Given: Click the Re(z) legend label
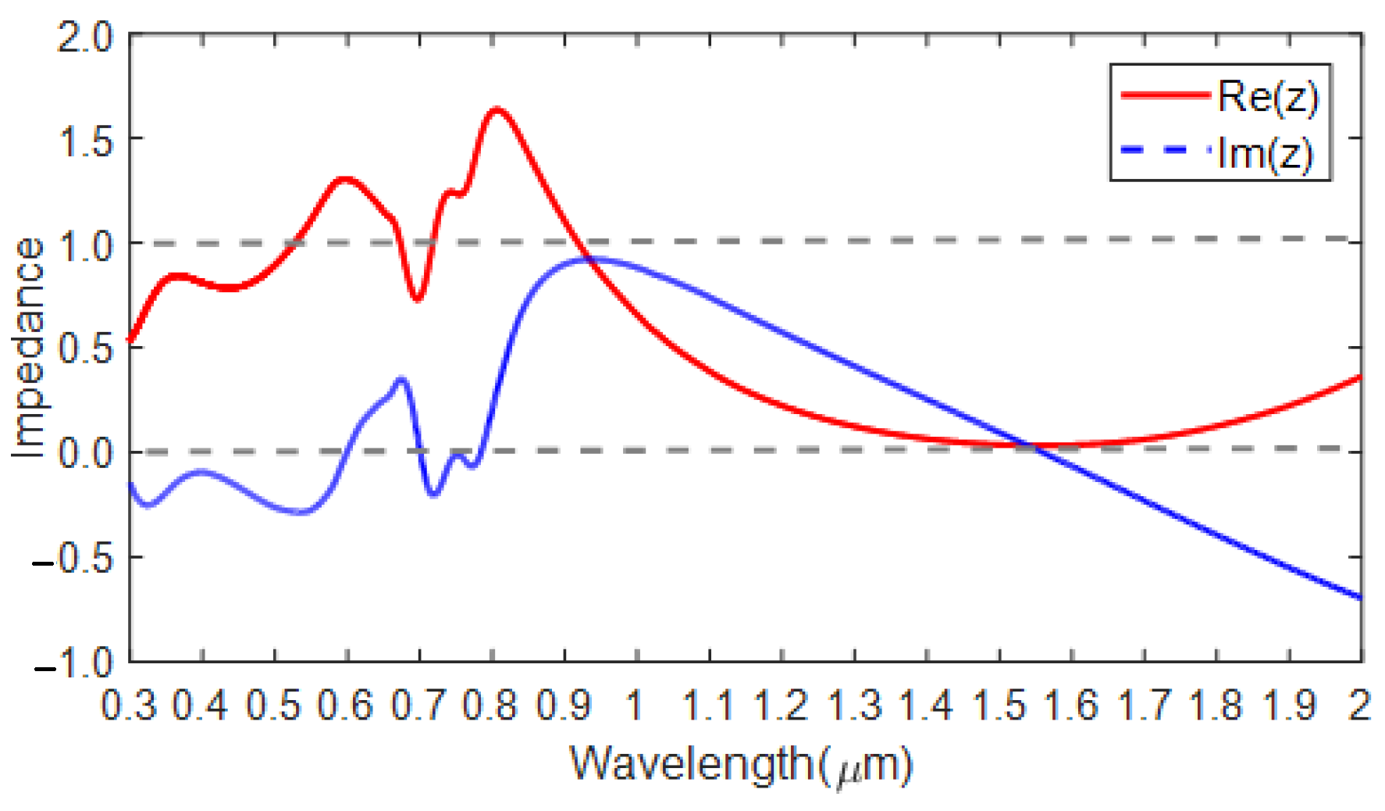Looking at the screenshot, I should point(1267,97).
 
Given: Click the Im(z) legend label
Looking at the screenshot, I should point(1266,153).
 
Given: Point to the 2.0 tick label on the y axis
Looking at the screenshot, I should point(85,37).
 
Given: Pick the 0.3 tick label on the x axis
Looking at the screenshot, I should point(129,706).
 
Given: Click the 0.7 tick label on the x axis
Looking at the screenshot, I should point(418,706).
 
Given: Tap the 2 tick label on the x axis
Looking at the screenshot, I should point(1359,706).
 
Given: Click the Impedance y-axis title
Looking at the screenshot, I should point(28,348).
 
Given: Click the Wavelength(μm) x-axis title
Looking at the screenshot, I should point(740,765).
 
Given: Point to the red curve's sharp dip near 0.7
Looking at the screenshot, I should point(418,299).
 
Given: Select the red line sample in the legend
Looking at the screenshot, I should point(1165,95).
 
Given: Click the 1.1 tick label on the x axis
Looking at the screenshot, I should point(708,706).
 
